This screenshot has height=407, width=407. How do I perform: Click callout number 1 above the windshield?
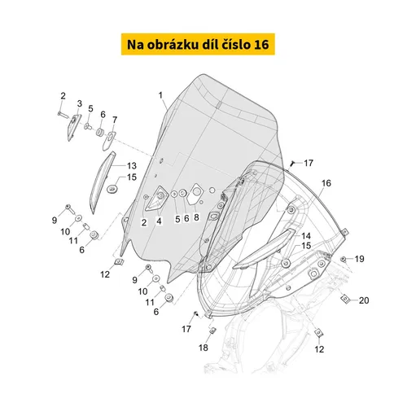point(160,95)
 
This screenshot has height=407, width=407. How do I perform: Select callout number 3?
point(80,103)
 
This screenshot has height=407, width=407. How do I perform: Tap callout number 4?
point(160,221)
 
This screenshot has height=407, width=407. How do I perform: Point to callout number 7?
point(114,120)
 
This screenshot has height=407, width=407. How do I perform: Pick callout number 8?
point(195,219)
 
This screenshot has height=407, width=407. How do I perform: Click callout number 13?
point(130,165)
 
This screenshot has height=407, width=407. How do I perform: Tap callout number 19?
point(359,259)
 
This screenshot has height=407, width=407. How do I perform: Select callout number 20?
point(363,300)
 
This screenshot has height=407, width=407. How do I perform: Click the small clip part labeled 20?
point(346,299)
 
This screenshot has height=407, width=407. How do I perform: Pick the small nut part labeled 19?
point(344,259)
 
